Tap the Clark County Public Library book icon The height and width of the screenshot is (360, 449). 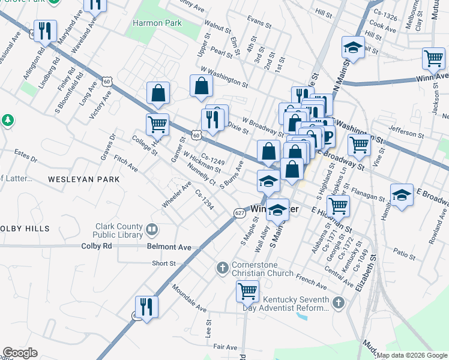click(x=152, y=229)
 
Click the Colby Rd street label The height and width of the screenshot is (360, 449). click(x=97, y=246)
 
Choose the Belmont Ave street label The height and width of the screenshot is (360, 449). click(x=169, y=247)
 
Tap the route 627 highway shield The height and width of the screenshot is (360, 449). click(x=240, y=213)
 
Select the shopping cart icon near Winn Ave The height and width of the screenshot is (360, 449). click(x=433, y=59)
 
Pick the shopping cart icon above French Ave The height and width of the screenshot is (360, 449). click(x=247, y=291)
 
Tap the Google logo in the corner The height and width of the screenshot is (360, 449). click(x=20, y=353)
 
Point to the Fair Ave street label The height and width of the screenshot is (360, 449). click(x=225, y=347)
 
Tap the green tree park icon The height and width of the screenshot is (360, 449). click(x=8, y=120)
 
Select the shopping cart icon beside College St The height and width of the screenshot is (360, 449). click(x=157, y=124)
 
